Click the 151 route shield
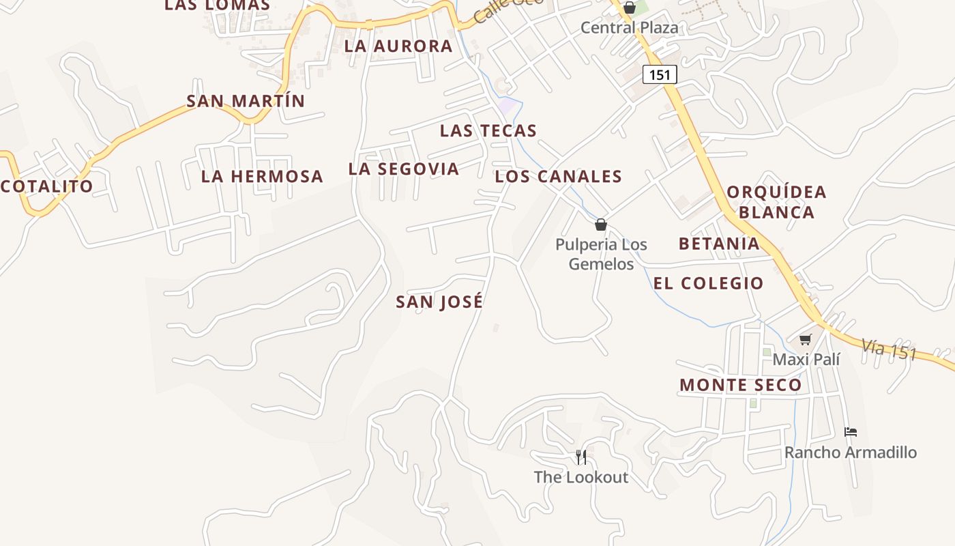[660, 74]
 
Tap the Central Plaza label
[629, 28]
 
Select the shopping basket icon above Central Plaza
[629, 8]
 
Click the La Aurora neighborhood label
[398, 46]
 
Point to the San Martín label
[246, 101]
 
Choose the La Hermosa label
[262, 176]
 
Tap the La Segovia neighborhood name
[403, 169]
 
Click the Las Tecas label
[488, 130]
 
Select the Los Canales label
[558, 177]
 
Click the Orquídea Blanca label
[776, 202]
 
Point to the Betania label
[719, 244]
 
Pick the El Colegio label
[708, 283]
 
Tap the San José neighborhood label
[439, 302]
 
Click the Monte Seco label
[740, 385]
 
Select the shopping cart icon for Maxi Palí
[806, 339]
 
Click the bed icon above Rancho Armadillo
[850, 432]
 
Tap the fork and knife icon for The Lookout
[581, 457]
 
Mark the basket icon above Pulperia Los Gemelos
[601, 225]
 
